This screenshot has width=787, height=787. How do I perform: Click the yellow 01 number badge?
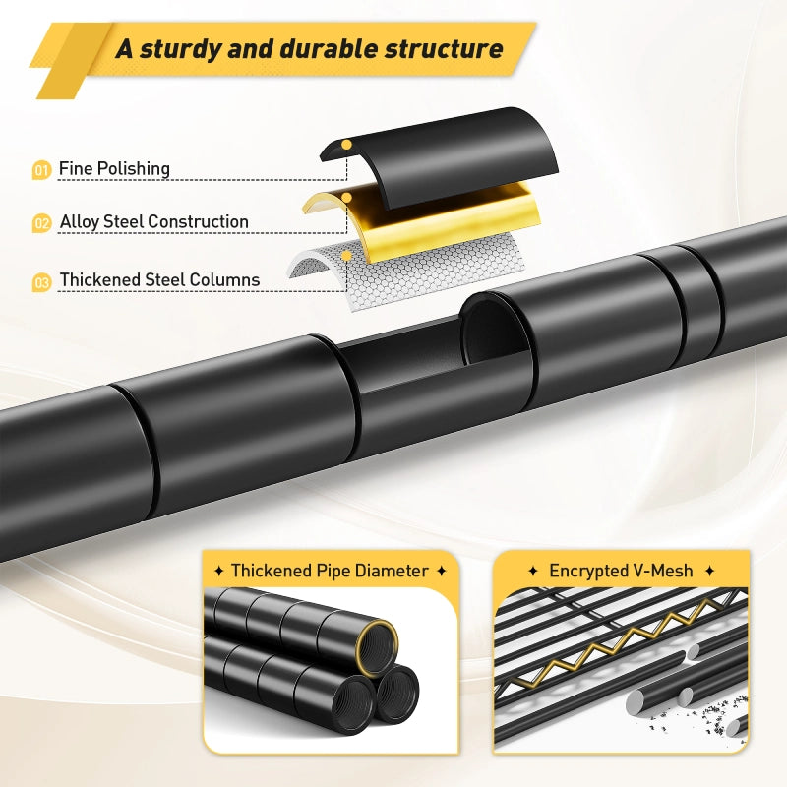pos(41,170)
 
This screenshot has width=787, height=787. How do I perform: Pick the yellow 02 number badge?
pos(41,223)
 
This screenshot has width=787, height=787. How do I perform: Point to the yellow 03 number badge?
pos(41,282)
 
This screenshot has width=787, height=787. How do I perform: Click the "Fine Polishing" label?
pos(114,169)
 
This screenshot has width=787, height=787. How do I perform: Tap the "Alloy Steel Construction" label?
pos(154,222)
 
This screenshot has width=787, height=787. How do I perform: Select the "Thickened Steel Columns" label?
pos(159,279)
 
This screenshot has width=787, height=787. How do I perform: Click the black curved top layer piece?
pos(440,155)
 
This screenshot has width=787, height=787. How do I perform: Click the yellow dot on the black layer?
pos(346,145)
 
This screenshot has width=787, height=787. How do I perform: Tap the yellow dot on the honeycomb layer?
pos(346,256)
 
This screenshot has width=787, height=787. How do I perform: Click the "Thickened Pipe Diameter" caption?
pos(330,571)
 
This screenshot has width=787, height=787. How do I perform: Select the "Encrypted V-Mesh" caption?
pos(621,571)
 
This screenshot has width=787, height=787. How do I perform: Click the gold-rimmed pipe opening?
pos(377,647)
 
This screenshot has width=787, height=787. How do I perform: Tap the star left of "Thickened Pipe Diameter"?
pos(218,571)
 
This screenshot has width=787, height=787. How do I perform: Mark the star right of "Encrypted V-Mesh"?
pos(709,571)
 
